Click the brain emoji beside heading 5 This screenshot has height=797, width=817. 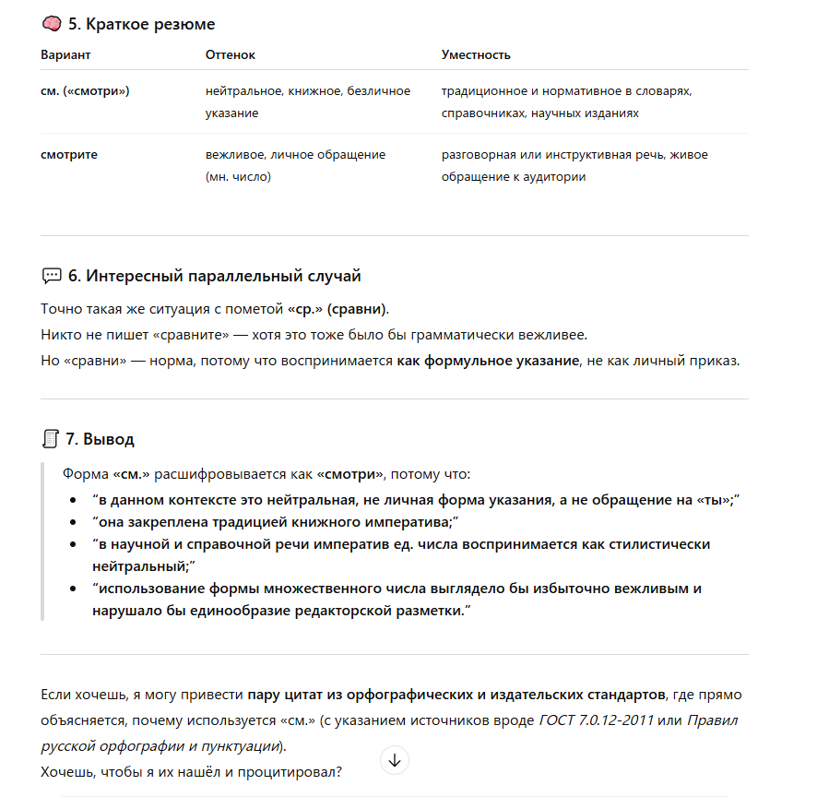[52, 24]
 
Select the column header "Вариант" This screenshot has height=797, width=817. [65, 55]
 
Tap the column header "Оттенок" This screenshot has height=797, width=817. [230, 55]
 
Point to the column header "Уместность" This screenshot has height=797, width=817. [476, 55]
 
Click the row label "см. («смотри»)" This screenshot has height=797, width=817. [85, 92]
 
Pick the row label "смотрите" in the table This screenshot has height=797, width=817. [69, 155]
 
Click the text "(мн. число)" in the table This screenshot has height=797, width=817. [238, 176]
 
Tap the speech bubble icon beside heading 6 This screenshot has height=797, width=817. [52, 276]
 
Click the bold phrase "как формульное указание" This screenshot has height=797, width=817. [487, 361]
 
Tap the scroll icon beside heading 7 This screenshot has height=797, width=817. [52, 439]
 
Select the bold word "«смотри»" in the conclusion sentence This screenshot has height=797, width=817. [349, 474]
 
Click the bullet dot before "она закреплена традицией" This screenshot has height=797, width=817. [74, 523]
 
